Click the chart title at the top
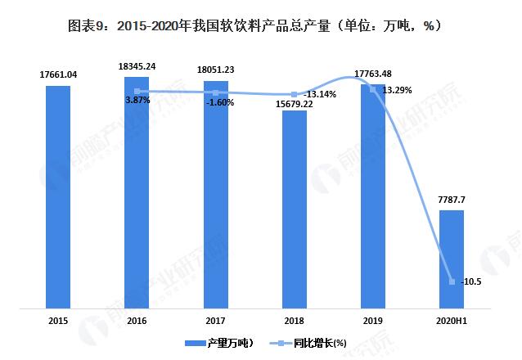(261, 25)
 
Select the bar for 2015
(58, 196)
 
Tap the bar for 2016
(137, 192)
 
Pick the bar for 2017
(216, 195)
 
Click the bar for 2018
(295, 209)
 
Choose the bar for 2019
(373, 196)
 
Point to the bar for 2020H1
(452, 259)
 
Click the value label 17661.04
(58, 74)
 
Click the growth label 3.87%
(137, 100)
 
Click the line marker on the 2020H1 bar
(452, 281)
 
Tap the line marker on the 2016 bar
(137, 91)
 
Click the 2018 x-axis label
(295, 321)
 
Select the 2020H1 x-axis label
(452, 321)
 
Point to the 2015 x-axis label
(58, 321)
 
